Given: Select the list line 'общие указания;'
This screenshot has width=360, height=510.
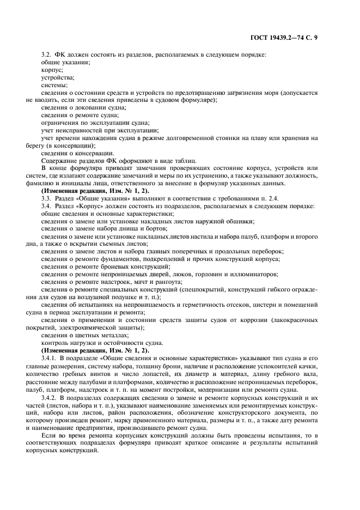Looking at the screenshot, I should point(65,62).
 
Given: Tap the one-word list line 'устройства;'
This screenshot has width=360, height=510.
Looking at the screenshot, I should point(58,77).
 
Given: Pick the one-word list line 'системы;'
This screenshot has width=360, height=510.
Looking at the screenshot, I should point(54,85).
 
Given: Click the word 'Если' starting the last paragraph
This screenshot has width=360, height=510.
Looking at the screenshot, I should point(48,436).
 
